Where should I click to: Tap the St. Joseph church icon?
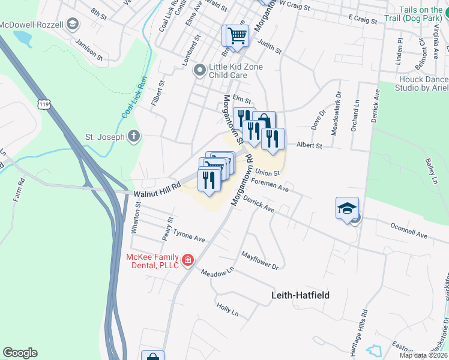[134, 136]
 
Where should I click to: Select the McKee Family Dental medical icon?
[188, 259]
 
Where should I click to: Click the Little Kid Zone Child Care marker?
[200, 71]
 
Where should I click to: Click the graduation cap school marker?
[348, 208]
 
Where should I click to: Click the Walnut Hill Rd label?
[157, 190]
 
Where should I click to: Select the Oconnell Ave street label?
[409, 232]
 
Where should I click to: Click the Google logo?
[20, 353]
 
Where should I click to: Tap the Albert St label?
[310, 145]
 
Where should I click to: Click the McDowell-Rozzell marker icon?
[73, 24]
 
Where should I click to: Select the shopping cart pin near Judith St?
[236, 36]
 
